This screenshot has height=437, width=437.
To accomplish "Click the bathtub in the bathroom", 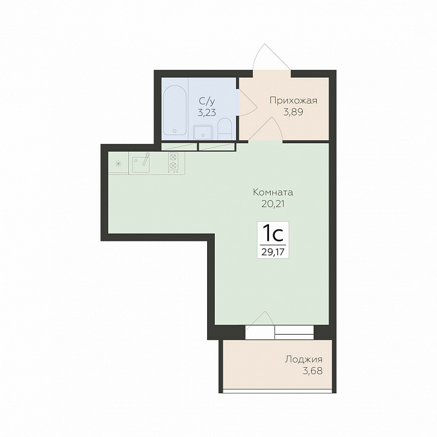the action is point(175,110).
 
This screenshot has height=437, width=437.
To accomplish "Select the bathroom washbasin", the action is point(203,132).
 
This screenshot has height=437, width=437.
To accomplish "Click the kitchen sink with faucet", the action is point(141,163).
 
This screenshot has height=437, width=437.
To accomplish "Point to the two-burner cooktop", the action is point(173,163).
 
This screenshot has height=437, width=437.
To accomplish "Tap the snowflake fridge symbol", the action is point(119,164).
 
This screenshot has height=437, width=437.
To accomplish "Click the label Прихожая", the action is point(293,101).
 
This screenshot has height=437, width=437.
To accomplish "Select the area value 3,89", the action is point(293,112).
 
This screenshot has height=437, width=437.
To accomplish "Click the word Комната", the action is point(273,192).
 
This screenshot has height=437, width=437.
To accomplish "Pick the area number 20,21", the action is point(273,204).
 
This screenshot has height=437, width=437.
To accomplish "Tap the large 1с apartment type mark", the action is point(273,234).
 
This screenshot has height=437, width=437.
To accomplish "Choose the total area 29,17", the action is point(273,252).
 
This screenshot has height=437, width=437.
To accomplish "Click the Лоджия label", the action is point(304,359).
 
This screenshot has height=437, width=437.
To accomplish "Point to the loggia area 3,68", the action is point(312,371).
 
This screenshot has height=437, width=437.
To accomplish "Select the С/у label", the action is point(207,101).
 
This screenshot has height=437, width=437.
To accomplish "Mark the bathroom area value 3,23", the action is point(207,113).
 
